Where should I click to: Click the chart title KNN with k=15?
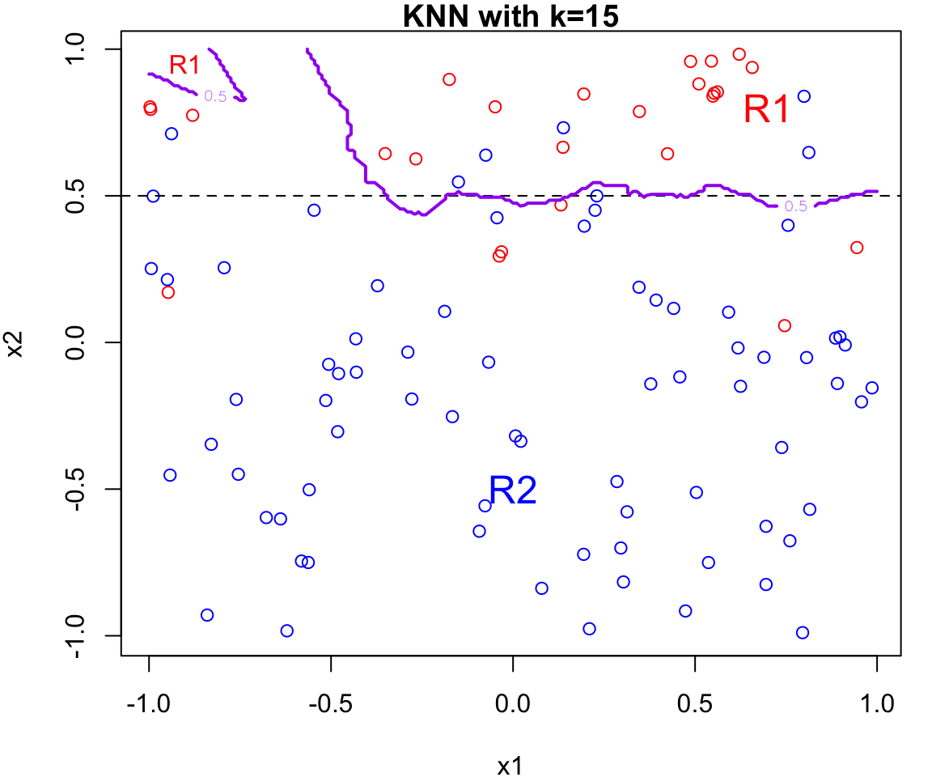pyautogui.click(x=510, y=16)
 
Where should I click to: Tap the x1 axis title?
pyautogui.click(x=510, y=765)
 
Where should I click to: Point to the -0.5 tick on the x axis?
pyautogui.click(x=330, y=703)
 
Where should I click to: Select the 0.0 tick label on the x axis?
pyautogui.click(x=512, y=703)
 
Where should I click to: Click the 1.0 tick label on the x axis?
pyautogui.click(x=876, y=703)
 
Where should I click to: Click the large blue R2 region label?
pyautogui.click(x=512, y=490)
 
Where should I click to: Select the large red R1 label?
pyautogui.click(x=765, y=109)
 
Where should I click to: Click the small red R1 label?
pyautogui.click(x=184, y=65)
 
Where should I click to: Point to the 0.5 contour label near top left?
pyautogui.click(x=215, y=96)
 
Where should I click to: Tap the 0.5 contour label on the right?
pyautogui.click(x=796, y=206)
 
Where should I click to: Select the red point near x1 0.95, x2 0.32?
pyautogui.click(x=857, y=248)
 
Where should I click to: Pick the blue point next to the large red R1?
pyautogui.click(x=803, y=96)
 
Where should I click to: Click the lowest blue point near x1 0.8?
pyautogui.click(x=803, y=633)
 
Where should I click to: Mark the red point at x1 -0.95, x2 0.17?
pyautogui.click(x=167, y=292)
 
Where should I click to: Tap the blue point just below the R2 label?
pyautogui.click(x=485, y=506)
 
